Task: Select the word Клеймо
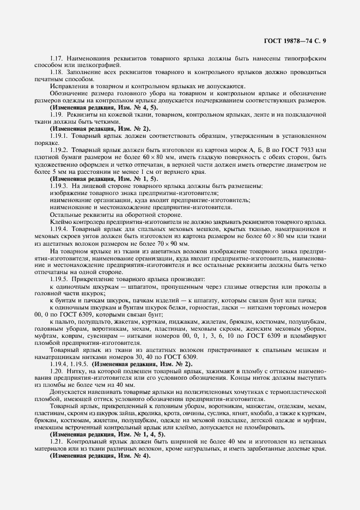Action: pyautogui.click(x=60, y=221)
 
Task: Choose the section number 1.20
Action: pyautogui.click(x=57, y=370)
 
